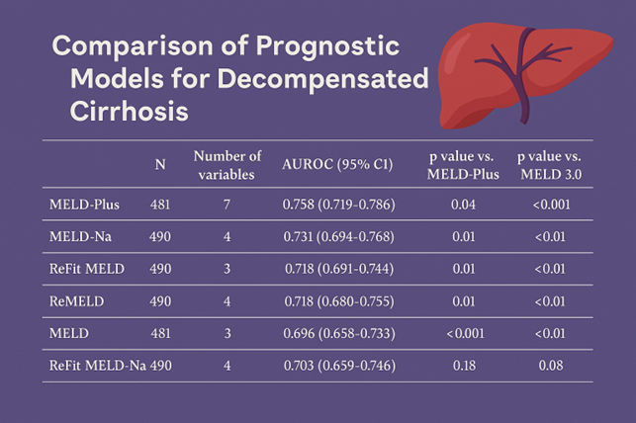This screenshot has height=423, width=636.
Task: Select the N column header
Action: pos(160,165)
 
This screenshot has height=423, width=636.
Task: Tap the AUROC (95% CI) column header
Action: pos(338,165)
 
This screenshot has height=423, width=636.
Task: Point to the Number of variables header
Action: pos(227,165)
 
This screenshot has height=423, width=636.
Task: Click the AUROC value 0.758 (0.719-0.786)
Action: pos(338,206)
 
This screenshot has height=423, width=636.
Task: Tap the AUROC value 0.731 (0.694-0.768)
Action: pos(338,238)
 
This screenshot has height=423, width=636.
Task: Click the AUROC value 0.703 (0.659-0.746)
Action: pos(338,367)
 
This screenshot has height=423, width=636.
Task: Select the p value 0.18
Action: pos(462,367)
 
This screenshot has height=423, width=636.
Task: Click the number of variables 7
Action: pos(227,206)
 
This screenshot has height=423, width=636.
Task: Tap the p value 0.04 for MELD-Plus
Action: pos(462,206)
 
